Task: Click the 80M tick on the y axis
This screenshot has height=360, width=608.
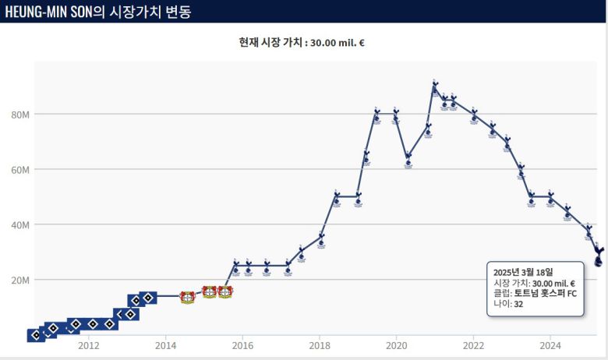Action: [19, 115]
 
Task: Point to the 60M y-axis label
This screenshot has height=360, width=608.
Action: [19, 170]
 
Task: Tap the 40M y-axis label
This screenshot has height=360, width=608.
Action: [19, 224]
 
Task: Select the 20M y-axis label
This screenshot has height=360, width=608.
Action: [19, 280]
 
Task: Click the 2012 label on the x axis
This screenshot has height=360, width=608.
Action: [88, 345]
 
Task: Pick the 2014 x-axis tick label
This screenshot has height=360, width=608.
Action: [165, 345]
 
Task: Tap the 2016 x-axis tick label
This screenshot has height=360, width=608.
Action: [242, 345]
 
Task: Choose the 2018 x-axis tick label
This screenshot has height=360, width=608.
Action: [319, 345]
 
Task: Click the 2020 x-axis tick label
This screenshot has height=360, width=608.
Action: [396, 345]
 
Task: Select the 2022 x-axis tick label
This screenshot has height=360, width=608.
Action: [473, 345]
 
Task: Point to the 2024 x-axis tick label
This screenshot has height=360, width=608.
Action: [550, 345]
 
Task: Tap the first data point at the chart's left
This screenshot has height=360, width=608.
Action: [36, 335]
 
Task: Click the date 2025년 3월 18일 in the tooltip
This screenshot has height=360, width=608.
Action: [525, 272]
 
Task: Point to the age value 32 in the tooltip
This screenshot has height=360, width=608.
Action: [518, 305]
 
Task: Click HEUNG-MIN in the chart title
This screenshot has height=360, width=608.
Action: [40, 12]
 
